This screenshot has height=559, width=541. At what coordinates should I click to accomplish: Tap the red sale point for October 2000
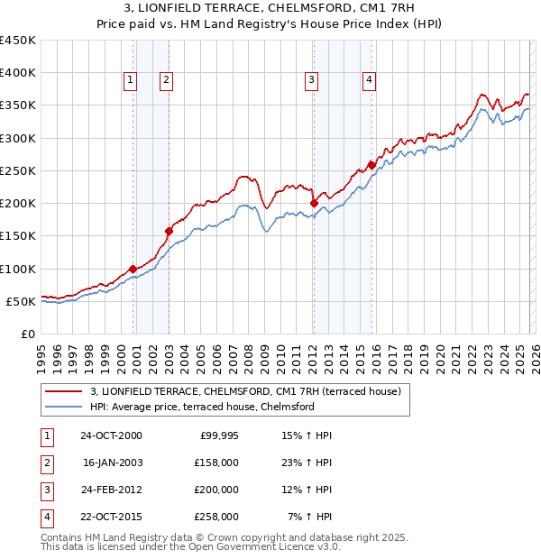pos(133,269)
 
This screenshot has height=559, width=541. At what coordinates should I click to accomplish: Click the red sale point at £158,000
pos(169,231)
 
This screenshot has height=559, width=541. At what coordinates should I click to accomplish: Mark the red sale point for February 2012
pos(314,204)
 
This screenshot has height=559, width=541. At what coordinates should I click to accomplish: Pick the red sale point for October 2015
pos(371,165)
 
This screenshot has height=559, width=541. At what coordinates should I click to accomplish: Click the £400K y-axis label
pos(17,73)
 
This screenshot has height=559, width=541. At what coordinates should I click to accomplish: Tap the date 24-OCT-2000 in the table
pos(111,435)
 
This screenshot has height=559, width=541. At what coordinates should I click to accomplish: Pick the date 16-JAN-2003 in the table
pos(112,463)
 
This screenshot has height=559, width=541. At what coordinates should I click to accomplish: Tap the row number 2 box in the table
pos(47,463)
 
